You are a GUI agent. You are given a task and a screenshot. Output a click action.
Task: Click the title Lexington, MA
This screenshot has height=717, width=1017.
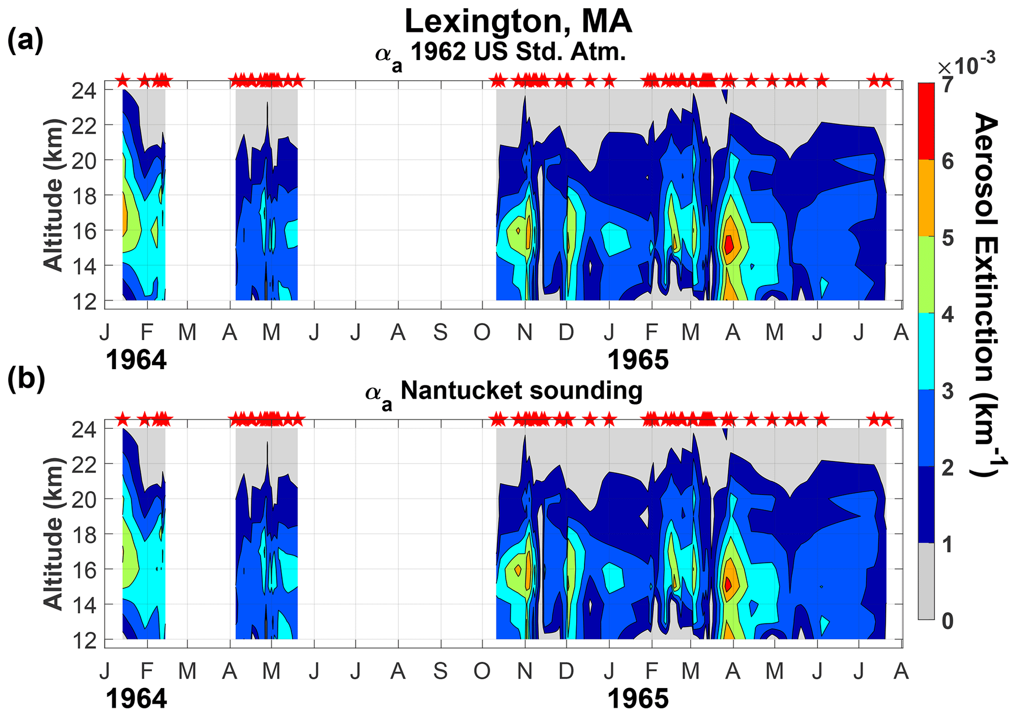click(x=518, y=22)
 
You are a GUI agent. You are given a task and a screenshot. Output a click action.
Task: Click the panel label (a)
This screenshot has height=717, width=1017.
click(x=26, y=41)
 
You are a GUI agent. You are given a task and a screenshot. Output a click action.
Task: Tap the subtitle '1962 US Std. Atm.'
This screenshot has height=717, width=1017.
click(x=518, y=52)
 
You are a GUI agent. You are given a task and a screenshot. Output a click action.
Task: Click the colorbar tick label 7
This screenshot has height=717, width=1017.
click(x=948, y=85)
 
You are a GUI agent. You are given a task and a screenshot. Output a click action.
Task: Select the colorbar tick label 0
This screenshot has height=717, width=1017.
click(x=948, y=621)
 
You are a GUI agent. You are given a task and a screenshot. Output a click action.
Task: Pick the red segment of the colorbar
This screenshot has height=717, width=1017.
click(x=926, y=121)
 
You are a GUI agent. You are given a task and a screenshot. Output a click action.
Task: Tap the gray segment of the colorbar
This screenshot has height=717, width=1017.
click(x=926, y=581)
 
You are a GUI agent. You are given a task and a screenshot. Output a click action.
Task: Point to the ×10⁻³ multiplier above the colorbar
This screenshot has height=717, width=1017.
click(x=966, y=63)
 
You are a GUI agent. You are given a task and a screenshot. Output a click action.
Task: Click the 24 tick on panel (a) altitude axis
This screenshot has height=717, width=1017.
click(x=84, y=91)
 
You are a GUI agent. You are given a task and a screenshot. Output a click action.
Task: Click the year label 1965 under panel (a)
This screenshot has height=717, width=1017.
click(x=638, y=360)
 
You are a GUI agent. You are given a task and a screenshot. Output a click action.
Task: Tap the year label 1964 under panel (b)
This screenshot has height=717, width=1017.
click(x=136, y=699)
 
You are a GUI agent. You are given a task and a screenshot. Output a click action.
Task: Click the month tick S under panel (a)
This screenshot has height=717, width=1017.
click(x=440, y=333)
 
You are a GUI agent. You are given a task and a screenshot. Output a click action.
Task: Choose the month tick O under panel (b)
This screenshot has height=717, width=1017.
click(x=482, y=671)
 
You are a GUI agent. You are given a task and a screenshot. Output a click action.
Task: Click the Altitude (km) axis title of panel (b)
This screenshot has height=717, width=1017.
click(x=54, y=534)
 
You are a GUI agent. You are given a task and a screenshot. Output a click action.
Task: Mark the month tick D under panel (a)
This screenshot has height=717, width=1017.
click(x=566, y=333)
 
